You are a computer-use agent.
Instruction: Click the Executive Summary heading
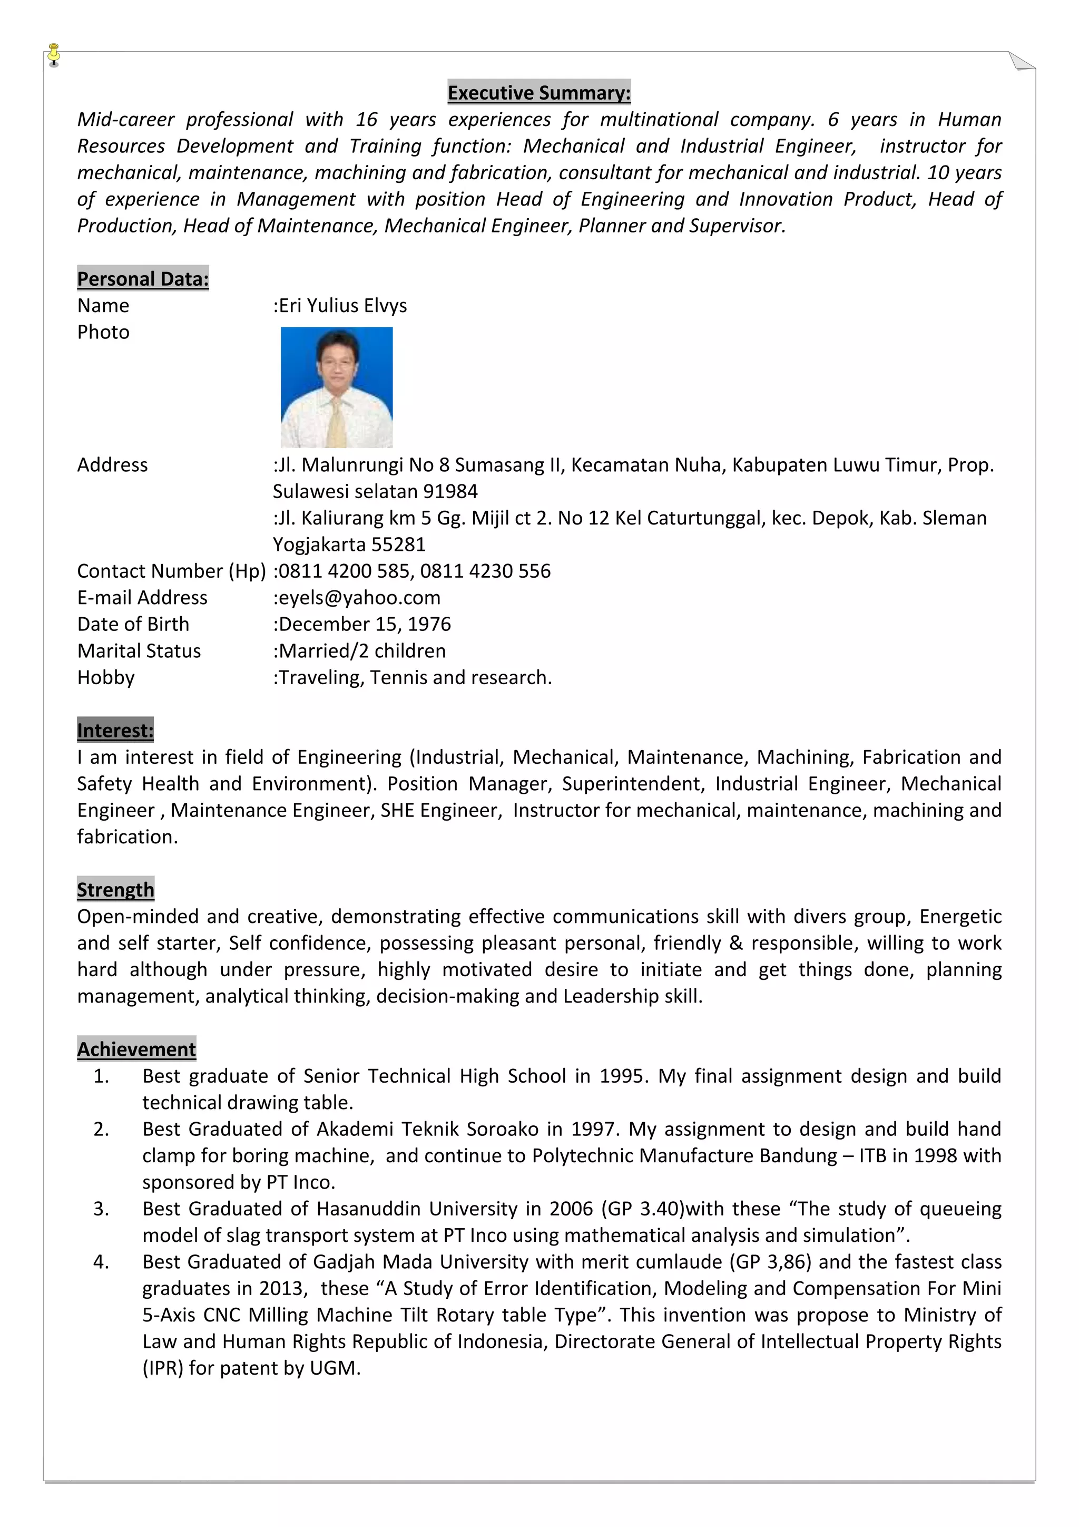538,92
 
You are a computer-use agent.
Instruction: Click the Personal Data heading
143,279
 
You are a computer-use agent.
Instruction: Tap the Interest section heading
115,730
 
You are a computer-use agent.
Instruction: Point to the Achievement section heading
136,1049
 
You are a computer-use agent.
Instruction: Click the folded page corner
1021,61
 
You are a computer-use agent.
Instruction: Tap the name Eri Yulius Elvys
342,305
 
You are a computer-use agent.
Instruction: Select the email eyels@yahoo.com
359,597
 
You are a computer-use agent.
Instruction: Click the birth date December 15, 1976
364,624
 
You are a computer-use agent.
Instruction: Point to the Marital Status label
139,650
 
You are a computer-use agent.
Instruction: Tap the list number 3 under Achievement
101,1209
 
